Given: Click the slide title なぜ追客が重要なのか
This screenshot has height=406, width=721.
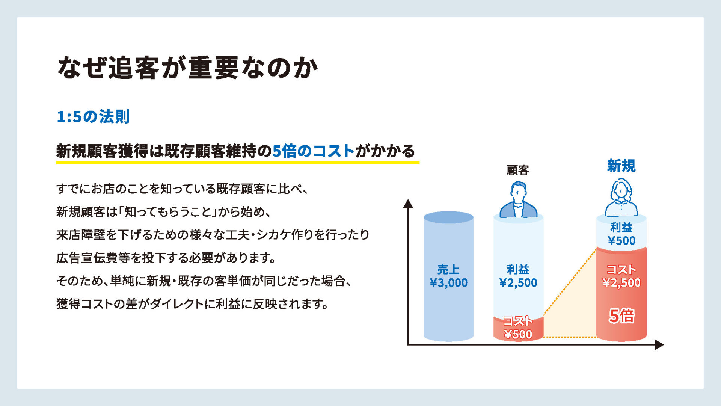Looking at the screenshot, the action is (187, 68).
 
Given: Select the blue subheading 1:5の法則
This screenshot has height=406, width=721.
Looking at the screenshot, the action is (93, 117).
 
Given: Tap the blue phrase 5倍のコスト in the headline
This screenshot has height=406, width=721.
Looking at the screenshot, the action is (313, 151).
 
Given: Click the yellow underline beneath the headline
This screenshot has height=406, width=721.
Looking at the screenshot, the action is (238, 162).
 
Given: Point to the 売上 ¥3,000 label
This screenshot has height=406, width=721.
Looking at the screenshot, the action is (448, 276).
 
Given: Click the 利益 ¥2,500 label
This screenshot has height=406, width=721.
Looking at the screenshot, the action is (518, 276).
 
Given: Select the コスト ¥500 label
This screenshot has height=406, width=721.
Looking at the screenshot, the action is (518, 328).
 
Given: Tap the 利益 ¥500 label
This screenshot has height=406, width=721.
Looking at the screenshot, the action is (621, 234).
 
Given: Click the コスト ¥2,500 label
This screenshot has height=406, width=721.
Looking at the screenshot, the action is (621, 276).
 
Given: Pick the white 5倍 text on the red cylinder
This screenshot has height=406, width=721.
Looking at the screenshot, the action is (621, 315).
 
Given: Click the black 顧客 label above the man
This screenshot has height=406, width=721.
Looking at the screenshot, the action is (518, 170).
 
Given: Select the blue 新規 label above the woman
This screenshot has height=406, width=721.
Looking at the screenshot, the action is (621, 166).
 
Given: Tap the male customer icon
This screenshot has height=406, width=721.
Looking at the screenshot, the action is (518, 200).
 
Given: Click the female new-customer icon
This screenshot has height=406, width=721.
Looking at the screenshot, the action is (621, 198).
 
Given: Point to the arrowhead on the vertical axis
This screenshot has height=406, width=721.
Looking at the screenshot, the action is (408, 204).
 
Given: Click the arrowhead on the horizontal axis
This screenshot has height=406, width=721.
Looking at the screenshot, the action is (659, 345).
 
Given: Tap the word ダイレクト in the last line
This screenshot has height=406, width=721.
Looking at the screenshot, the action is (176, 304).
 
